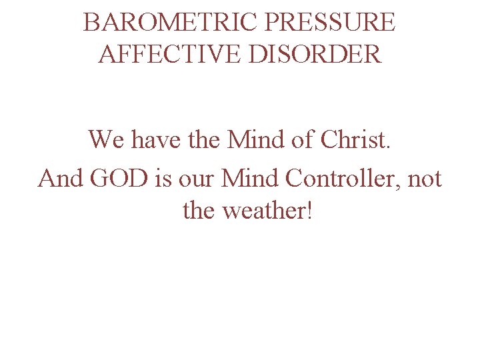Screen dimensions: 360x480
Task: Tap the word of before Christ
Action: (306, 140)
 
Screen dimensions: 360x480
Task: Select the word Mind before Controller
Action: (250, 179)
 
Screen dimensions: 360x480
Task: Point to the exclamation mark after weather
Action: (307, 211)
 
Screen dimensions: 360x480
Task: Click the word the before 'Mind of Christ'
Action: (203, 140)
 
